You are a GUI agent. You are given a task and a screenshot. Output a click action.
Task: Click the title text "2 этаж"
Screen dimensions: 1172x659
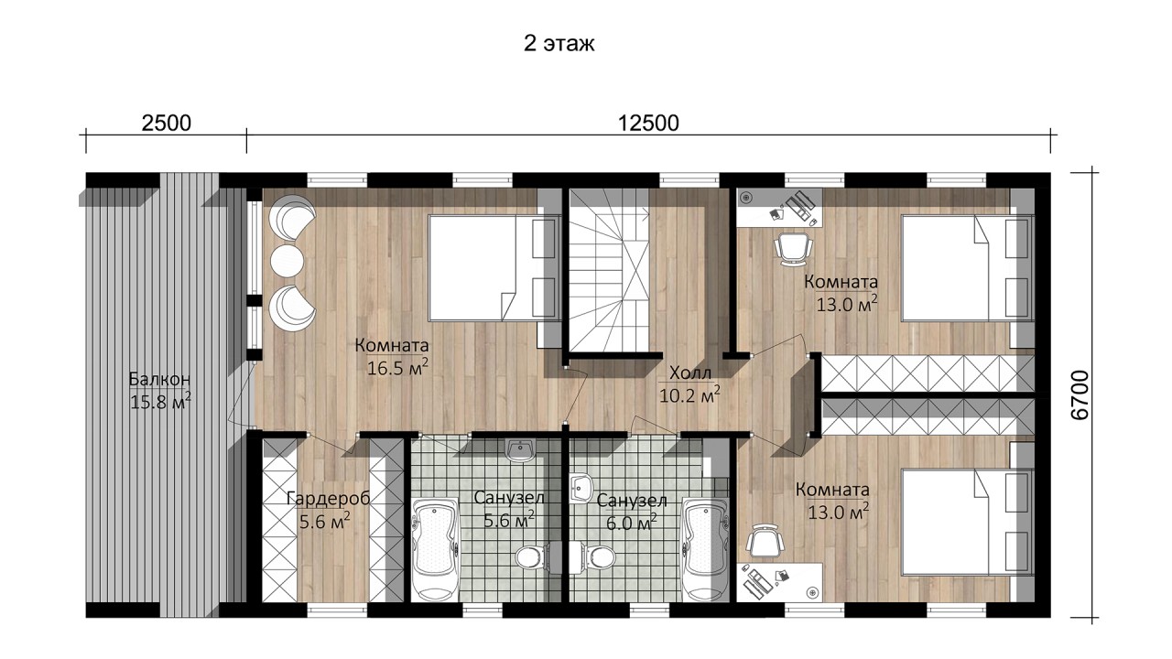(x=559, y=44)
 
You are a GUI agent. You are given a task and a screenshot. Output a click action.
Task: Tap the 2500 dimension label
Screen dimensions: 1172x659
(x=167, y=124)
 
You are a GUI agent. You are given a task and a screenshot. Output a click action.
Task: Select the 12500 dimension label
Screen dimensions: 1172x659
(x=648, y=124)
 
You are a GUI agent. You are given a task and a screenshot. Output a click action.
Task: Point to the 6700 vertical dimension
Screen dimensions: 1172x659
(x=1080, y=394)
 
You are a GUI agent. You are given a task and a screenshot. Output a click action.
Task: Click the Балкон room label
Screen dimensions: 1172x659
(x=159, y=379)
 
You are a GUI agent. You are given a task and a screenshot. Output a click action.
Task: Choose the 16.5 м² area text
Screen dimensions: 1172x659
(x=397, y=368)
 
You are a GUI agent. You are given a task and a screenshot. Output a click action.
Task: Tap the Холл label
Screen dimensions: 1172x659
(x=690, y=373)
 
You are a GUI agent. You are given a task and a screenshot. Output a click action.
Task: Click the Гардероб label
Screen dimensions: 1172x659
(x=328, y=499)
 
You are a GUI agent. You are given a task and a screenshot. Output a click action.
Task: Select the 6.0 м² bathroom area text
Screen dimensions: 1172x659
(x=632, y=523)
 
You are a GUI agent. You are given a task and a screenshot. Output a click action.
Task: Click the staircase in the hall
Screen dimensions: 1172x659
(x=609, y=270)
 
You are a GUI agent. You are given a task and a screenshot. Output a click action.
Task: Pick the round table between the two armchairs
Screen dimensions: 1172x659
(x=288, y=261)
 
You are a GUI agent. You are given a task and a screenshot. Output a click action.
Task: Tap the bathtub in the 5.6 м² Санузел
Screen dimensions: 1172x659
(x=436, y=550)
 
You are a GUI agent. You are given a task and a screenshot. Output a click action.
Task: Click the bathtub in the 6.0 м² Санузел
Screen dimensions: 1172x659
(x=706, y=550)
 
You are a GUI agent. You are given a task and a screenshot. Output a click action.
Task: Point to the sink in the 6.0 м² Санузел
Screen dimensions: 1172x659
(x=581, y=488)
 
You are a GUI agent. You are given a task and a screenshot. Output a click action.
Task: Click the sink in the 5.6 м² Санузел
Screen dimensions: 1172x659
(x=520, y=451)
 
